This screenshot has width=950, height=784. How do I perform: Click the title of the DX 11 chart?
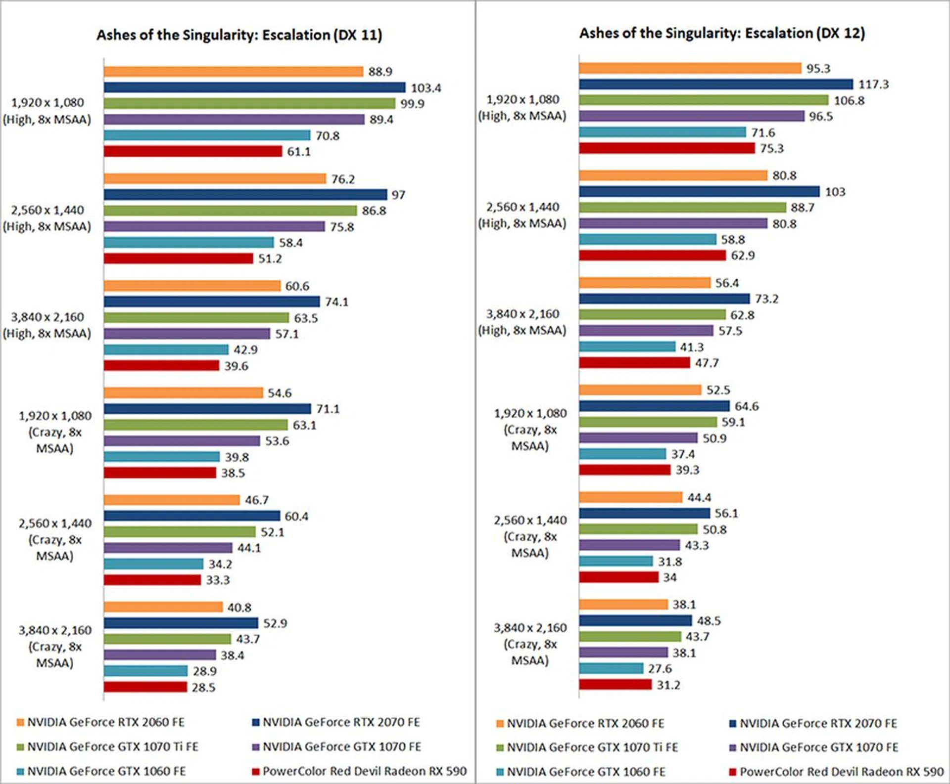[239, 35]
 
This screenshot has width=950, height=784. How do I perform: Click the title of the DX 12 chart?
[722, 33]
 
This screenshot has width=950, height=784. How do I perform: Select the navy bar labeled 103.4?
[254, 87]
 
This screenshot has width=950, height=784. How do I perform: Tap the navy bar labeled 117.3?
[715, 84]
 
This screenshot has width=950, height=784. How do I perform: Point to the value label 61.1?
[299, 152]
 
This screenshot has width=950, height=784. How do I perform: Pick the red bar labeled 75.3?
[666, 148]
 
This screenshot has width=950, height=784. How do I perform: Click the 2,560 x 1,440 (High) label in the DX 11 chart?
[47, 218]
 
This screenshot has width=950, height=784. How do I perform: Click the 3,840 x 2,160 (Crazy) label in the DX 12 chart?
[530, 644]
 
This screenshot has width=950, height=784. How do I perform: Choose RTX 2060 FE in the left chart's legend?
[105, 722]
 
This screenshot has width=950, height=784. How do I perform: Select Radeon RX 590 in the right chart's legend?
[841, 772]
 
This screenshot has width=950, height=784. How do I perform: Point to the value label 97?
[398, 195]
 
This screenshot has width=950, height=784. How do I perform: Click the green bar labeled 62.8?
[652, 314]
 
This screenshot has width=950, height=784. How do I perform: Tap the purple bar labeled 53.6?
[182, 440]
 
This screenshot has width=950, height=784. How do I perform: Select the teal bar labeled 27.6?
[611, 668]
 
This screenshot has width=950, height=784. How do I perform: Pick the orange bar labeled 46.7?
[172, 500]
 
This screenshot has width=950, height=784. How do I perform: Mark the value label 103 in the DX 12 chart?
[835, 192]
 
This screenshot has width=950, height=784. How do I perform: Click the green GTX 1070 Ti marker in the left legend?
[20, 746]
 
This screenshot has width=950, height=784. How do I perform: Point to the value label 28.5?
[203, 687]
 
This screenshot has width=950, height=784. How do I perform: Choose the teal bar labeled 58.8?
[647, 239]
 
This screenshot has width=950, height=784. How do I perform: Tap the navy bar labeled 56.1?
[644, 513]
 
